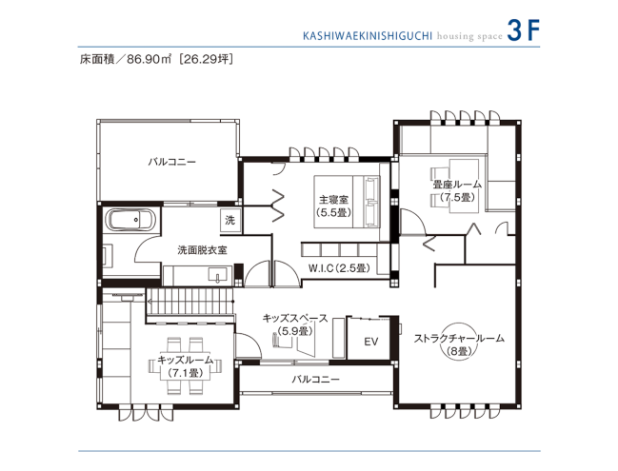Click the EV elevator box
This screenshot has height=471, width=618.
click(x=371, y=341)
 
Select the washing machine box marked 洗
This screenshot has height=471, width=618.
click(x=229, y=220)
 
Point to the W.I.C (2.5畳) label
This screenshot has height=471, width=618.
click(x=338, y=268)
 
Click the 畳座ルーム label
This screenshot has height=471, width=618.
click(x=456, y=184)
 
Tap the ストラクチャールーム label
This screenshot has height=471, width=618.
click(x=458, y=338)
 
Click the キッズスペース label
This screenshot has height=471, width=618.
click(x=295, y=319)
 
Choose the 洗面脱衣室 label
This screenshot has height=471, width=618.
click(x=202, y=249)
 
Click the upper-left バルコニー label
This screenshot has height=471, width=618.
click(x=171, y=162)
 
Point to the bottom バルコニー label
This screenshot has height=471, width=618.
click(x=315, y=379)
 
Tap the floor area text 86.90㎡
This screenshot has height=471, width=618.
click(x=144, y=58)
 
